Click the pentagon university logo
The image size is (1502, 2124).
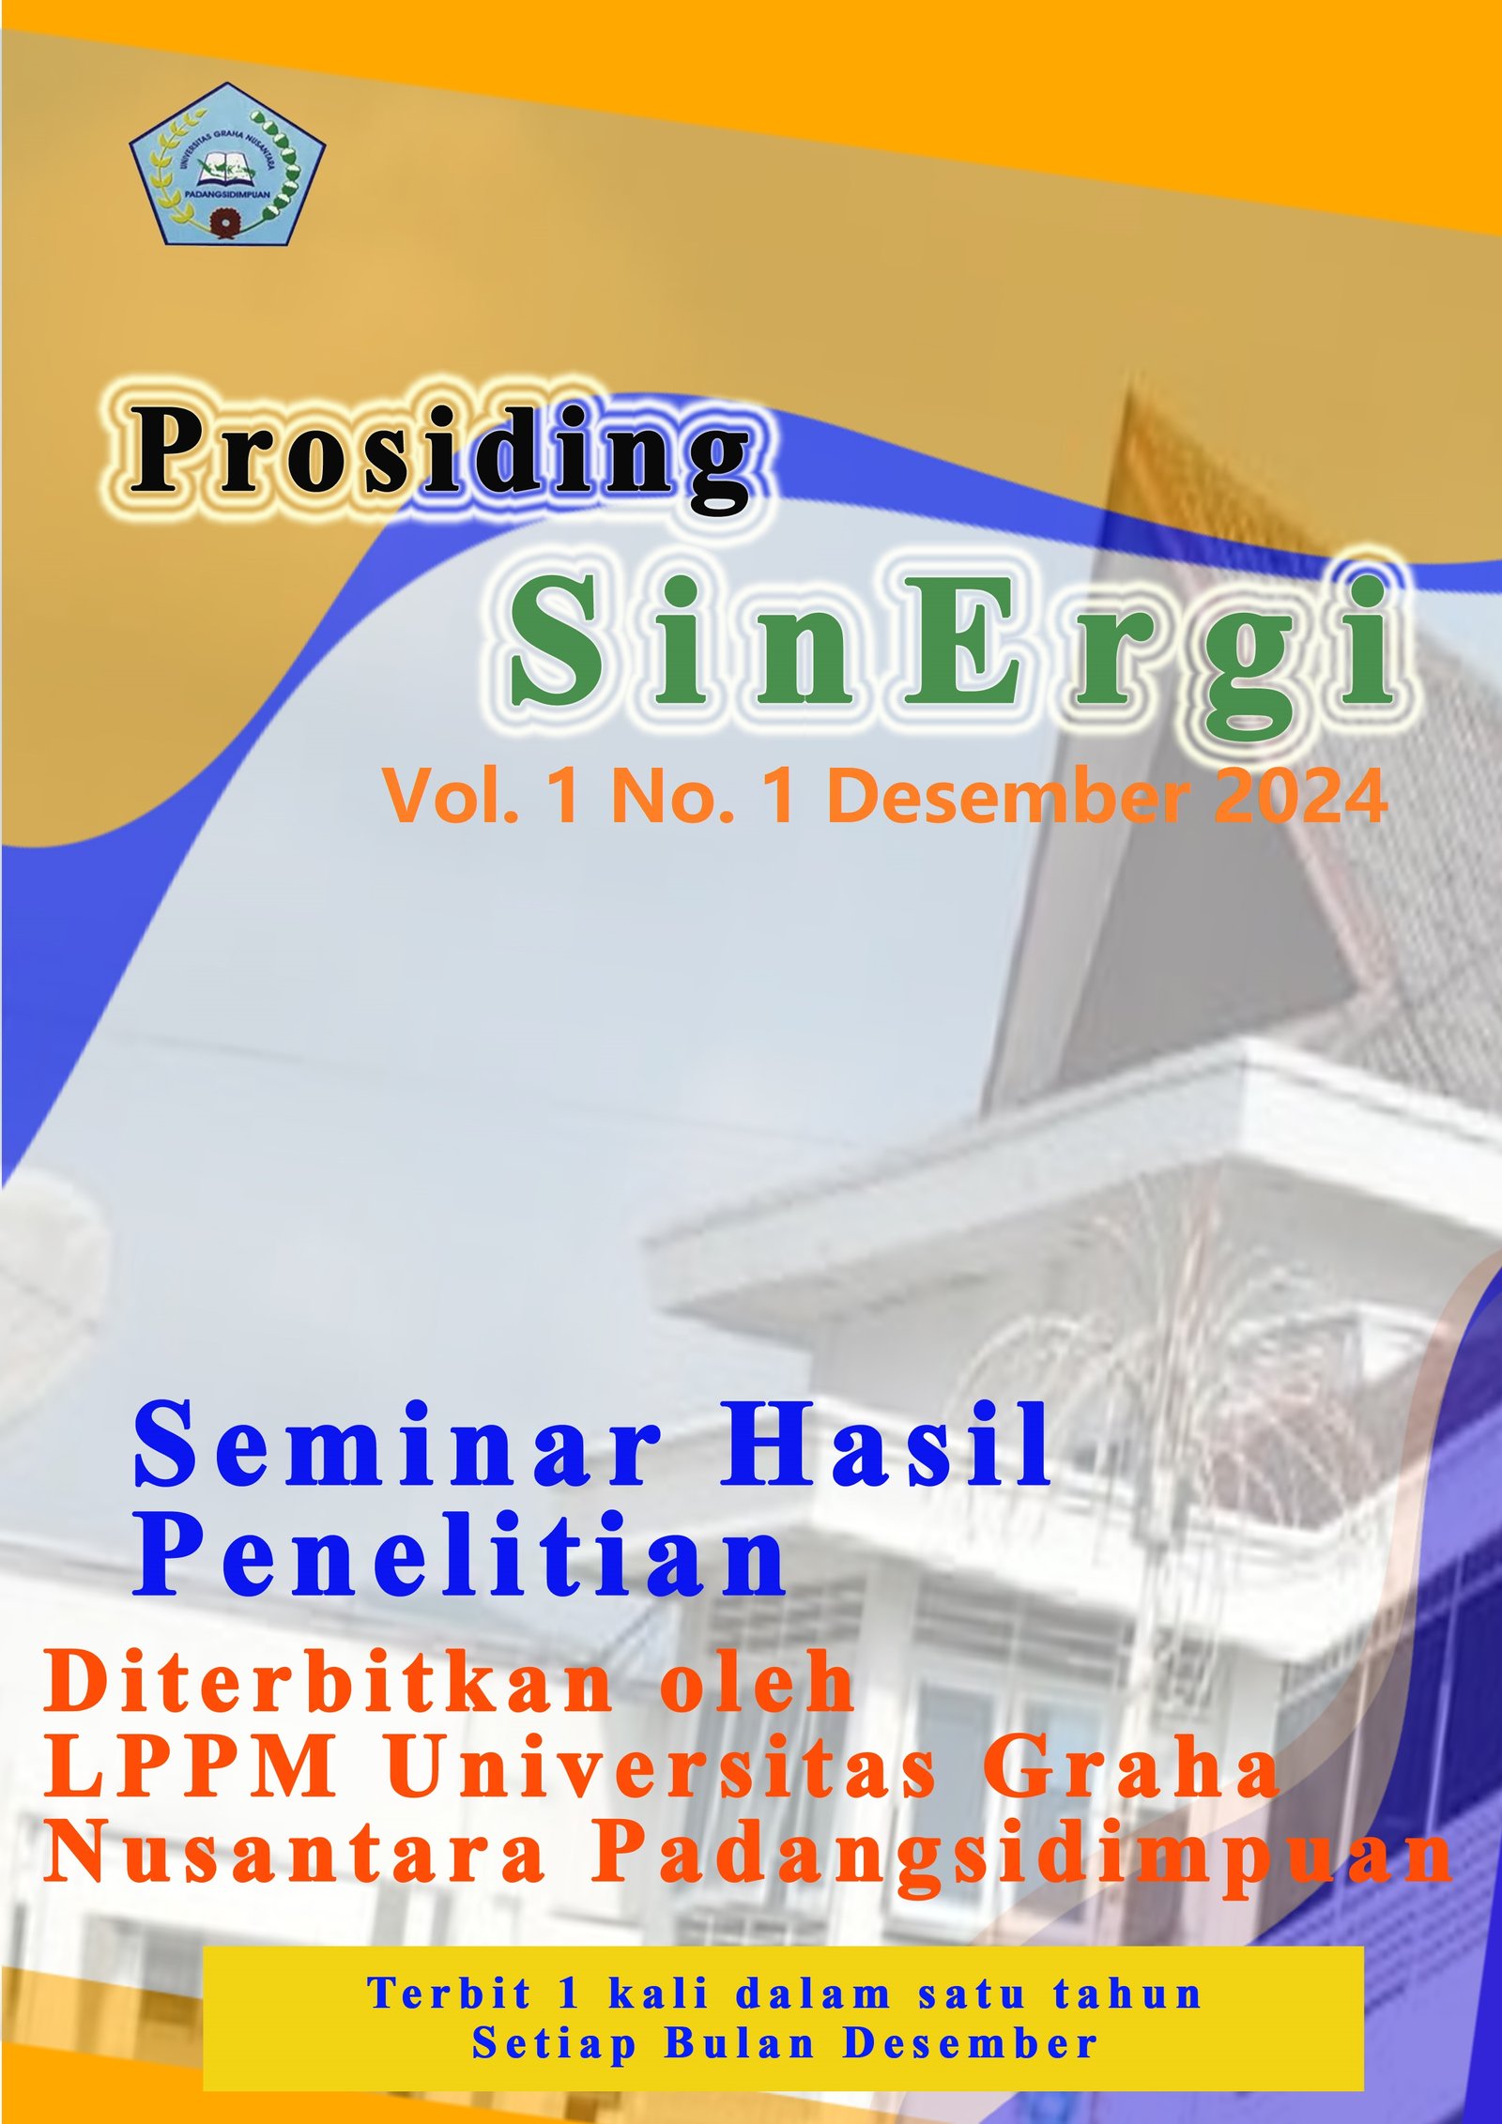227,164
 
